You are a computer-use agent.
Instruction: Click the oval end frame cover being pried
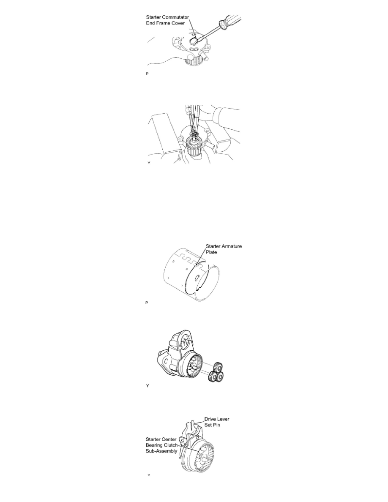pos(193,40)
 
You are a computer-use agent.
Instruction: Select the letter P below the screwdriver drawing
pos(147,74)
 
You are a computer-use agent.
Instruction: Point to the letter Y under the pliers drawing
pos(149,163)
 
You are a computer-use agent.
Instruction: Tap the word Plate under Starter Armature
pos(211,252)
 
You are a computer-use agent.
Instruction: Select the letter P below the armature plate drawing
pos(147,303)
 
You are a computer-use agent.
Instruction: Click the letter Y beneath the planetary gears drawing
pos(148,386)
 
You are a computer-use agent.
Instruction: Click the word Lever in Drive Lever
pos(223,419)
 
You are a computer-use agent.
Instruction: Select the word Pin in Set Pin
pos(217,425)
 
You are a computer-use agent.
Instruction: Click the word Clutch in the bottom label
pos(171,445)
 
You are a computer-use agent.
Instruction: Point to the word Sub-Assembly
pos(161,451)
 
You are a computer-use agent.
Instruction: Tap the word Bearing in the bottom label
pos(154,445)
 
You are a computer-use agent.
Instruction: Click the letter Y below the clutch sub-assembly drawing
pos(149,476)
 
